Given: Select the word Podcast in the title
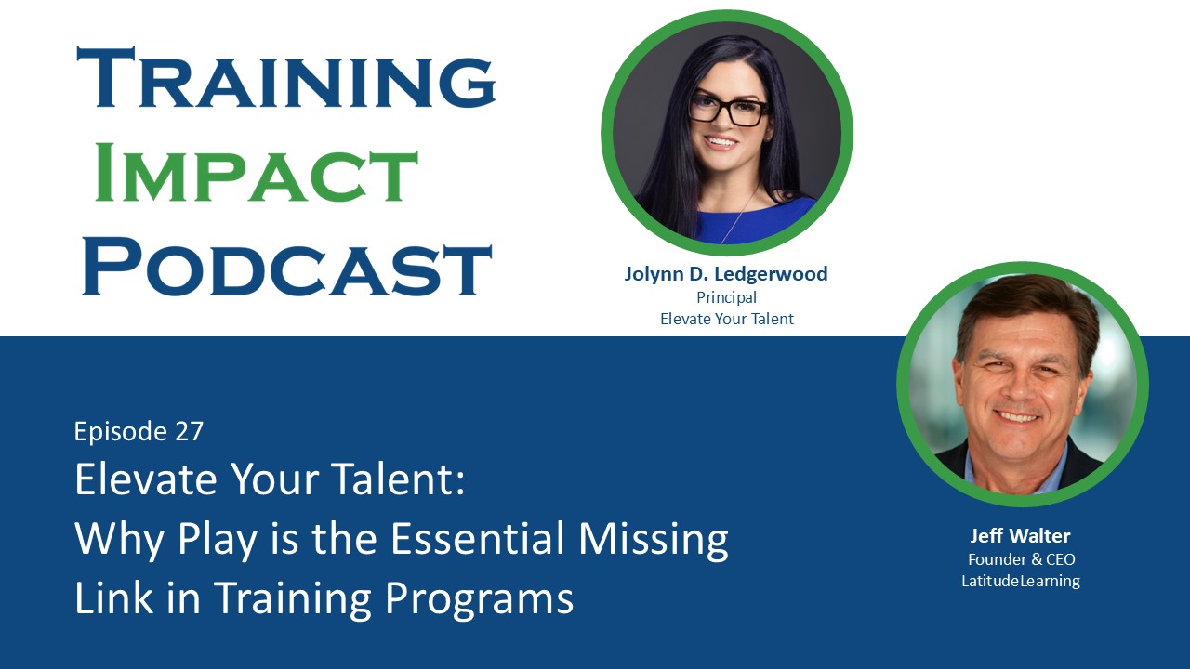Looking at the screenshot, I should tap(286, 267).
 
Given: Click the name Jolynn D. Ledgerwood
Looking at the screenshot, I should tap(726, 274).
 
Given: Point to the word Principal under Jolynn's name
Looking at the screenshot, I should tap(726, 297).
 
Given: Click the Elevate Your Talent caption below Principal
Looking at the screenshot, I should tap(726, 319).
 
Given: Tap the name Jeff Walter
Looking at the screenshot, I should tap(1021, 536).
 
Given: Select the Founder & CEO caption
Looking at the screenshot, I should tap(1021, 559).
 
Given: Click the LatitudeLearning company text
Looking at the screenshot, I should tap(1021, 581).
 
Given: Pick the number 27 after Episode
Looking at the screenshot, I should tap(189, 431).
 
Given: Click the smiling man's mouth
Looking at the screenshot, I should tap(1020, 416).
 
